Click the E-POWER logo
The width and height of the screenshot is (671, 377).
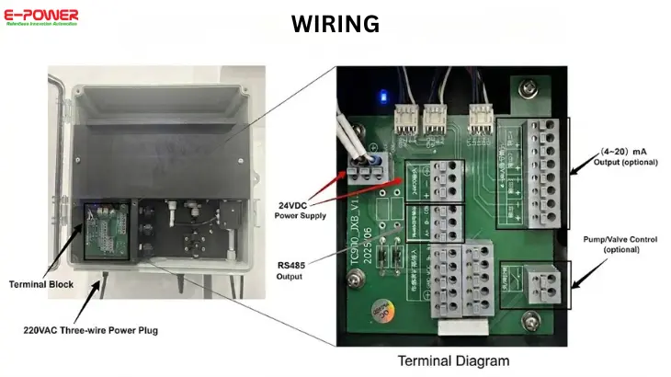click(x=42, y=17)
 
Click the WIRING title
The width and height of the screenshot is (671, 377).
click(x=335, y=24)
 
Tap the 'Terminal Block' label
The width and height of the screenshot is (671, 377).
click(x=40, y=285)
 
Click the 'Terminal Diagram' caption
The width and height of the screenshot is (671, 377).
click(x=453, y=360)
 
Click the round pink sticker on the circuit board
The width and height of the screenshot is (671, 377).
click(x=379, y=312)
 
